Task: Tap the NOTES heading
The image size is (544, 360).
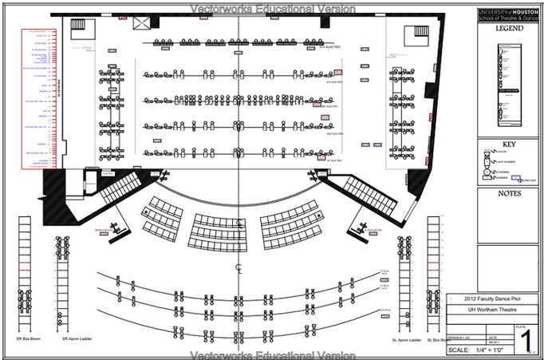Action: point(508,193)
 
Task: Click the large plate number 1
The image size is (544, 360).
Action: point(524,339)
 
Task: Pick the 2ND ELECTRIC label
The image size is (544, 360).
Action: point(333,134)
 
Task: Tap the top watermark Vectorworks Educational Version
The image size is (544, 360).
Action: point(271,8)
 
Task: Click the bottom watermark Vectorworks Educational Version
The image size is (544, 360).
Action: point(271,354)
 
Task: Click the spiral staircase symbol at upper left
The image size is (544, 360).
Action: point(79,26)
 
